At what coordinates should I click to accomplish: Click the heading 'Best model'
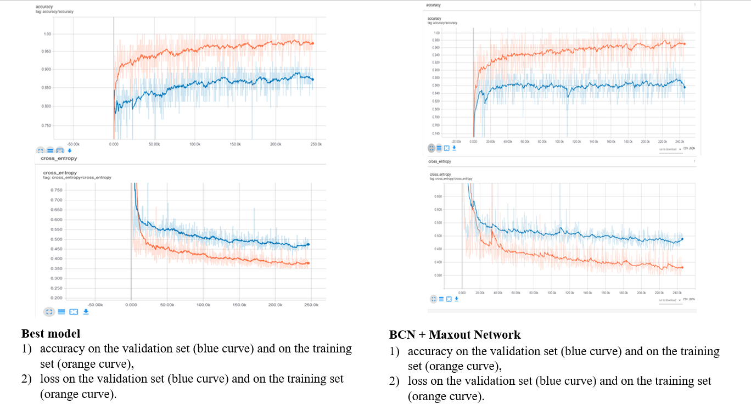[x=51, y=334]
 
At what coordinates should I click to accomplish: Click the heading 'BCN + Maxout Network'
[x=455, y=335]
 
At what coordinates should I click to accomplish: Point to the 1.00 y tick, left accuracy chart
[x=47, y=34]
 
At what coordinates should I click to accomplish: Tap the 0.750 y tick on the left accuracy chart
[x=46, y=126]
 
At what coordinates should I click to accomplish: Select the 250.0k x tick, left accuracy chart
[x=316, y=144]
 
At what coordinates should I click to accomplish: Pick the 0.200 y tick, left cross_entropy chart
[x=57, y=298]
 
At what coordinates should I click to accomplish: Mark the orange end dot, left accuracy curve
[x=312, y=43]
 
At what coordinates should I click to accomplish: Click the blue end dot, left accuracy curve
[x=312, y=79]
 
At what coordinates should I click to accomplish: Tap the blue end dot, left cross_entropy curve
[x=308, y=244]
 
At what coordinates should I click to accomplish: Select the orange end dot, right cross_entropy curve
[x=682, y=268]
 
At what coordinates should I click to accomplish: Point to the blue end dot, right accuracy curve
[x=684, y=87]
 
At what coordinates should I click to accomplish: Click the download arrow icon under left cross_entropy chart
[x=86, y=312]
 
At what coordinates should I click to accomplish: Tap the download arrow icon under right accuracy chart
[x=454, y=148]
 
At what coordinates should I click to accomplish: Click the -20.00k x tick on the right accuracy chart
[x=456, y=142]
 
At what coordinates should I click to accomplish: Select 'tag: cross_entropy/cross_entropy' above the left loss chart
[x=77, y=178]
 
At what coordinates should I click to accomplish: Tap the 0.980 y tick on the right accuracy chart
[x=436, y=40]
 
